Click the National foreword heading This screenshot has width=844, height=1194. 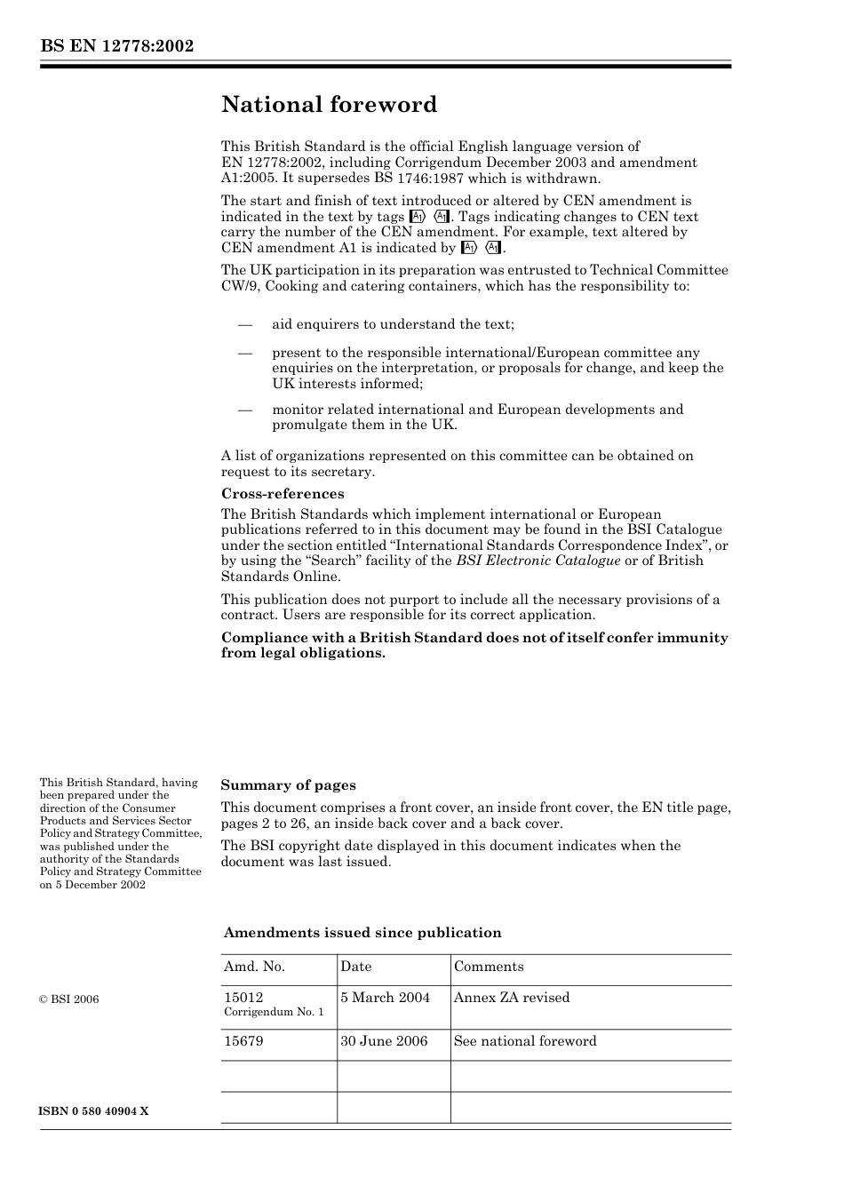pos(329,105)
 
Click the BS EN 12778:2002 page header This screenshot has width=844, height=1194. pos(116,46)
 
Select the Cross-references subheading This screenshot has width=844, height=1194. pos(283,494)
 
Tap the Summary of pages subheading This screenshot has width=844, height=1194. pos(288,785)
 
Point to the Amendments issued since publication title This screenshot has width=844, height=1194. pos(362,933)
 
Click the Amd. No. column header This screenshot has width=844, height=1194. pos(254,967)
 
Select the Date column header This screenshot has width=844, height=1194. pos(356,967)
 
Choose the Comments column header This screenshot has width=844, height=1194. pos(489,967)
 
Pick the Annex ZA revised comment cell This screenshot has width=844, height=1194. pos(512,998)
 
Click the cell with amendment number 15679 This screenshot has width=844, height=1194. pos(243,1041)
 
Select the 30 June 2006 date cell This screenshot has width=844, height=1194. pos(384,1041)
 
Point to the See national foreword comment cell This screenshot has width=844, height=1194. pos(525,1041)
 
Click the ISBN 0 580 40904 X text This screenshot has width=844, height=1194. pos(94,1111)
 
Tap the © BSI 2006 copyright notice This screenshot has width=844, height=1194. pos(69,999)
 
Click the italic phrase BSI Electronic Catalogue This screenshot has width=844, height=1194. pos(538,561)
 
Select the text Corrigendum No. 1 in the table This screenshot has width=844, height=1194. pos(274,1013)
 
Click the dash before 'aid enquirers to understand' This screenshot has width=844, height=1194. pos(244,324)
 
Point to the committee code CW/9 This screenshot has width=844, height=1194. pos(240,286)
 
